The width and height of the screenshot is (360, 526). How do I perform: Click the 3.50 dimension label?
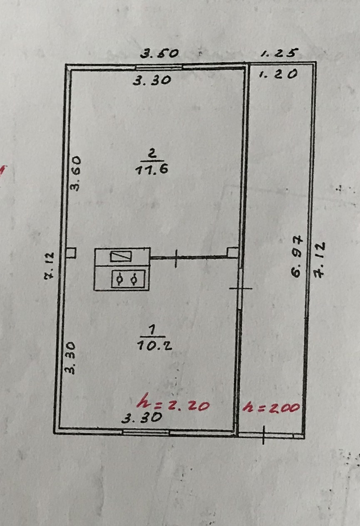pyautogui.click(x=159, y=53)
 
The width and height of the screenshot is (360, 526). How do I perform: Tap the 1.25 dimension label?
pyautogui.click(x=280, y=53)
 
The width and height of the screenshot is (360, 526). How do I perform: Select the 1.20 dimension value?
pyautogui.click(x=278, y=74)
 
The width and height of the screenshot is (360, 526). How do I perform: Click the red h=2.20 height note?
pyautogui.click(x=173, y=404)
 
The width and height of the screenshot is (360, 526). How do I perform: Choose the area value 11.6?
pyautogui.click(x=151, y=170)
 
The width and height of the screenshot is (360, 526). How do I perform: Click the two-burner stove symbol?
pyautogui.click(x=128, y=279)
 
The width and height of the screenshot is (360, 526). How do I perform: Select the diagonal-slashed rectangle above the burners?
pyautogui.click(x=121, y=256)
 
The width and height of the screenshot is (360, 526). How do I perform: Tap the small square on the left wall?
pyautogui.click(x=72, y=252)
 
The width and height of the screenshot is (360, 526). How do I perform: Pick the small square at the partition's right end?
pyautogui.click(x=233, y=252)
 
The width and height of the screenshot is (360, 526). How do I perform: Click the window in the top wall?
pyautogui.click(x=159, y=66)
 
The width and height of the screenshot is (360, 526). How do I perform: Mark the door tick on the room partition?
pyautogui.click(x=176, y=258)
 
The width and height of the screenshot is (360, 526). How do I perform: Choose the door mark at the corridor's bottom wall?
pyautogui.click(x=264, y=435)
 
